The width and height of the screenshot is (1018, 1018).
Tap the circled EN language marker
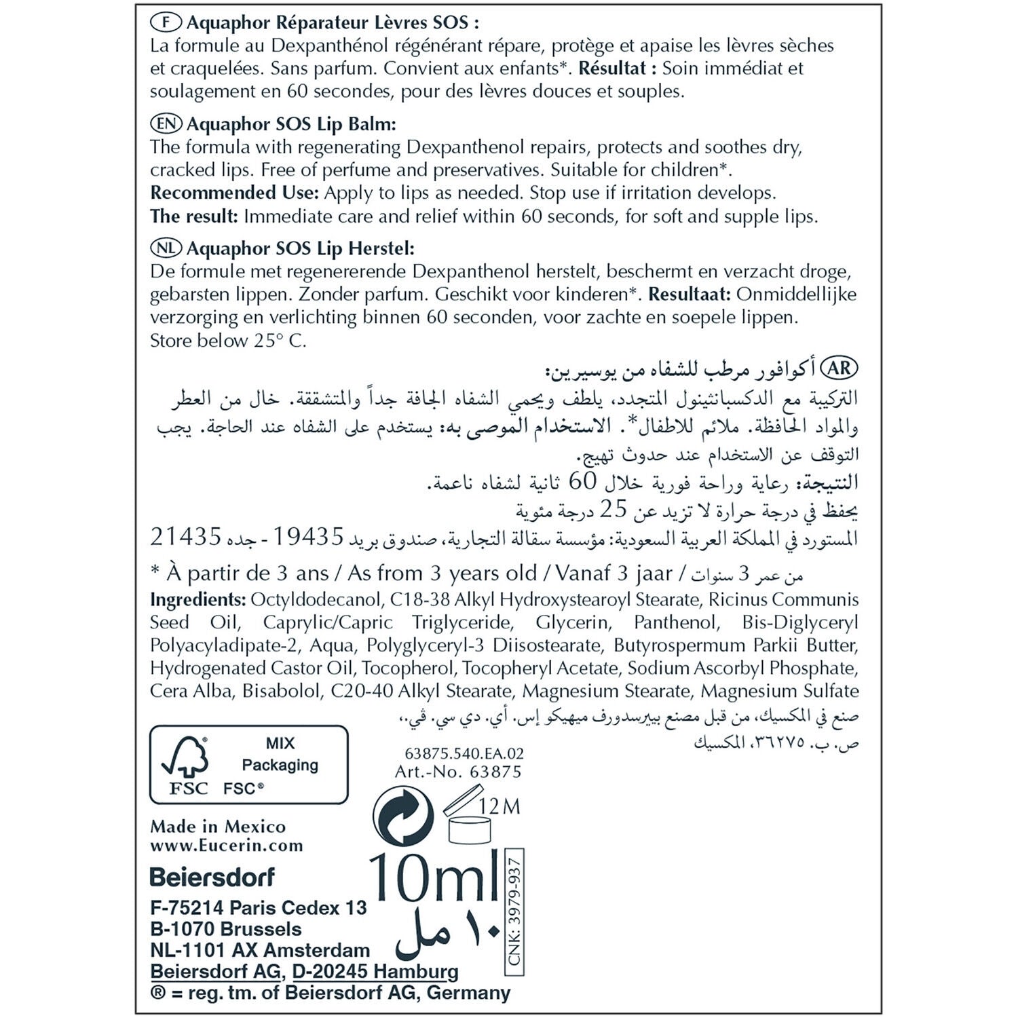tap(166, 124)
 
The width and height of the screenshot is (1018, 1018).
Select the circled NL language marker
tap(166, 248)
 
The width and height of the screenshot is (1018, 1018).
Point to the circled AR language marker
tap(840, 369)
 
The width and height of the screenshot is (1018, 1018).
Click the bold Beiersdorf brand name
tap(212, 877)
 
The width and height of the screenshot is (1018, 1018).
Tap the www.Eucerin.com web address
tap(227, 846)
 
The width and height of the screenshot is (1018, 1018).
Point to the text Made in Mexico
tap(218, 826)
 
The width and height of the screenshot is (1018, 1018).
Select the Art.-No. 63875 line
tap(458, 772)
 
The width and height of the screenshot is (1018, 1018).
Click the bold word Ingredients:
tap(197, 600)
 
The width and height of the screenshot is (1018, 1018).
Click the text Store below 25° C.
tap(228, 340)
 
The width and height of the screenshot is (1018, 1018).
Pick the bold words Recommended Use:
tap(234, 193)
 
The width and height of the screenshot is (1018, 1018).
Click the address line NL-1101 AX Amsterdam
tap(260, 950)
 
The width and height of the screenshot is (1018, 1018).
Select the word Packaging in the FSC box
tap(280, 765)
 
